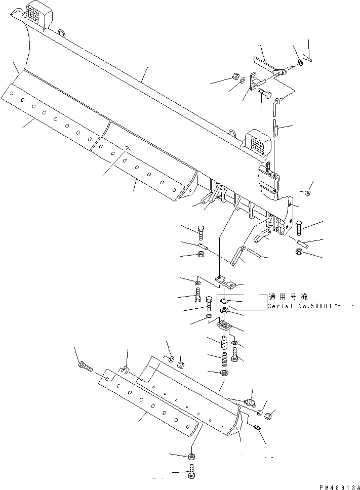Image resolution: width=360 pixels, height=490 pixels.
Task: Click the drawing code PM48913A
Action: [x=337, y=486]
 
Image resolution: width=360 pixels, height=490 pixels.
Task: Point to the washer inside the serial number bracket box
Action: [x=224, y=300]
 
